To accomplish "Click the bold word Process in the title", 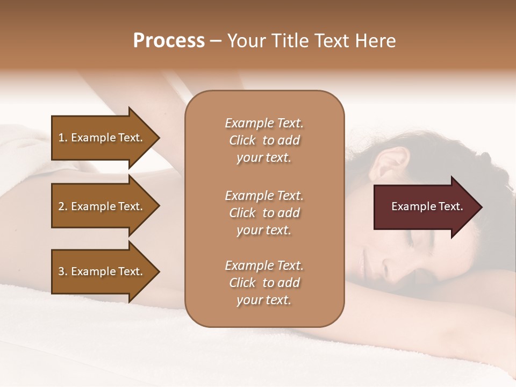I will click(169, 41).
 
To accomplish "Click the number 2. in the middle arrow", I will click(63, 206).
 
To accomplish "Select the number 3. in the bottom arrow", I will click(63, 271).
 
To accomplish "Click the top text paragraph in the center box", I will click(264, 140).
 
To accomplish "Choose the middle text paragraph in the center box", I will click(264, 212).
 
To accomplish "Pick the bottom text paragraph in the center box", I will click(264, 283).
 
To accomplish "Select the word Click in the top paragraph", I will click(242, 140).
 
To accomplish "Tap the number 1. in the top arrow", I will click(63, 138).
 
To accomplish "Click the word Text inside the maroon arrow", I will click(450, 206).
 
